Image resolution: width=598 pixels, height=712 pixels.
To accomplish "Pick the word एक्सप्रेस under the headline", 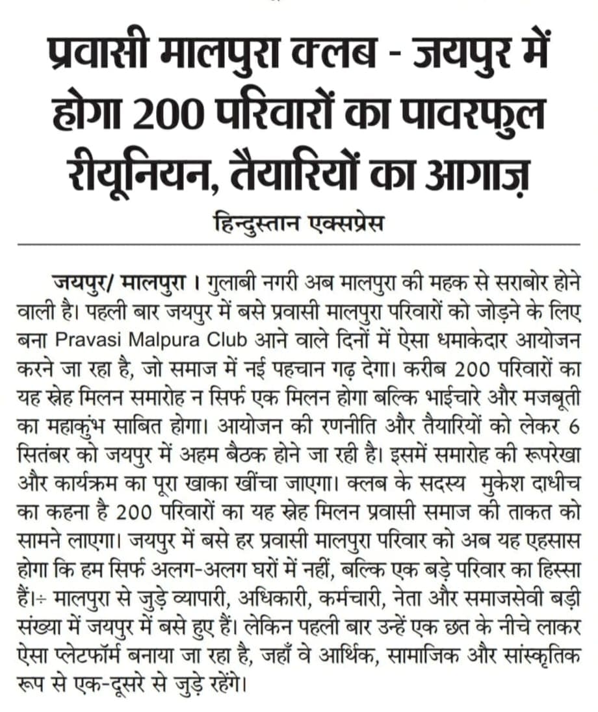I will click(x=351, y=225).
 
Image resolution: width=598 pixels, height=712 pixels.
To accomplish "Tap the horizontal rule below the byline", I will click(x=299, y=244).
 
